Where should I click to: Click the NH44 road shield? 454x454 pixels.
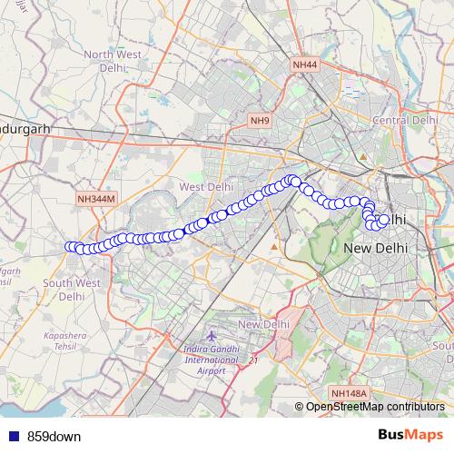[x=305, y=65]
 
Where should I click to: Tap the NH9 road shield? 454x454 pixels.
[x=261, y=121]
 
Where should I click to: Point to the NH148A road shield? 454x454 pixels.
[x=350, y=393]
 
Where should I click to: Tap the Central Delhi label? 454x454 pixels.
[x=406, y=120]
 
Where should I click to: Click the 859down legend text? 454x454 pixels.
[x=54, y=436]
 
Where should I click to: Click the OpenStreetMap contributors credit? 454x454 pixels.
[x=375, y=407]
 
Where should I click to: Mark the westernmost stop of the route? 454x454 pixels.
[x=69, y=246]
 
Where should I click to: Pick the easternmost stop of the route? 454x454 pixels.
[x=384, y=220]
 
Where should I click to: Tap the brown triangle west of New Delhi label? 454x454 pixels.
[x=274, y=246]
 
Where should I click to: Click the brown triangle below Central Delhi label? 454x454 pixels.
[x=362, y=157]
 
